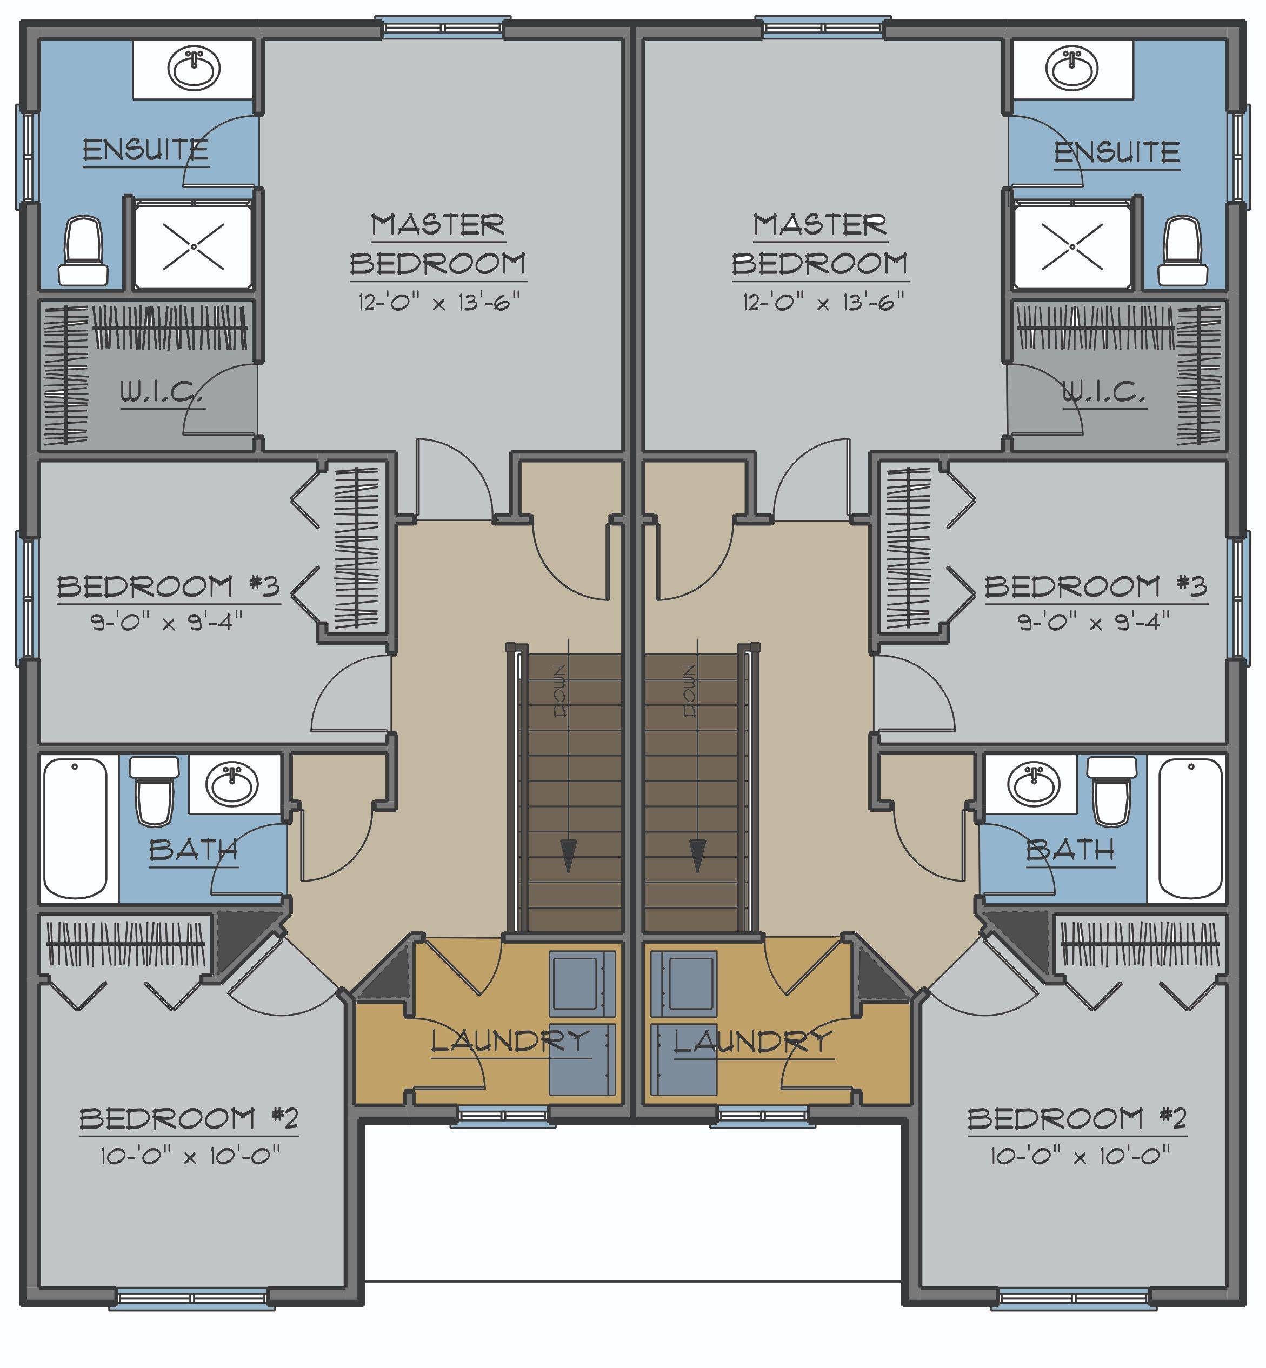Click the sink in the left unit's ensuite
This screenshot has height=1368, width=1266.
pos(195,69)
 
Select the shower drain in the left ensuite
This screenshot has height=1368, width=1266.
pos(194,246)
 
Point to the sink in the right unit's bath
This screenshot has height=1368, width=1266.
pos(1032,784)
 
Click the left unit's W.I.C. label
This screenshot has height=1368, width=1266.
pos(162,393)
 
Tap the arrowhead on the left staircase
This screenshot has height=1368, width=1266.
pos(568,856)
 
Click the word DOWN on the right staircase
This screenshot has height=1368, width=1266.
pos(690,691)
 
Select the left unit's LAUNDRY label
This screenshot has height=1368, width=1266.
pos(510,1042)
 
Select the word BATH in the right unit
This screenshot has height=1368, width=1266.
pos(1070,851)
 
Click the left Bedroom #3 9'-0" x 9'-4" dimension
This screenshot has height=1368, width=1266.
pos(166,623)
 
